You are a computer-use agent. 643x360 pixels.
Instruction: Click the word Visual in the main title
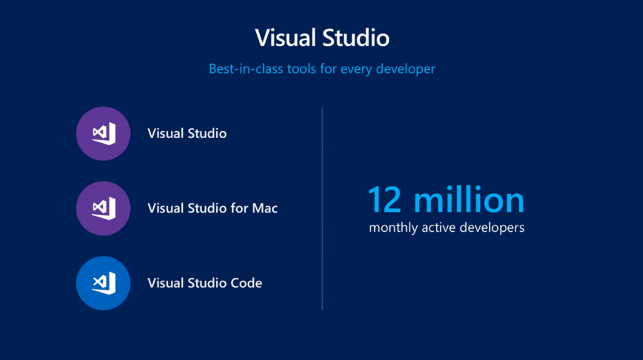point(286,38)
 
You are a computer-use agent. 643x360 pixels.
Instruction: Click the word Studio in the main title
point(355,38)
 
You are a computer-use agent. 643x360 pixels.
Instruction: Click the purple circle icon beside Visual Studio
point(104,133)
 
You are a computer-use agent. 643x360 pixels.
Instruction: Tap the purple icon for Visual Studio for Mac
point(104,208)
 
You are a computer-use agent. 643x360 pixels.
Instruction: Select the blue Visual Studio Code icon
point(104,283)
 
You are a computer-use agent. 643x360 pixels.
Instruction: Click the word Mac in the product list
point(265,208)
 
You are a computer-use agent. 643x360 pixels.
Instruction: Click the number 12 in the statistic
point(385,200)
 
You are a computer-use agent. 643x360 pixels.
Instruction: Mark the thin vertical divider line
point(322,209)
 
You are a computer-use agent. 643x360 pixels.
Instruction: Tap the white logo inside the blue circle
point(104,283)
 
